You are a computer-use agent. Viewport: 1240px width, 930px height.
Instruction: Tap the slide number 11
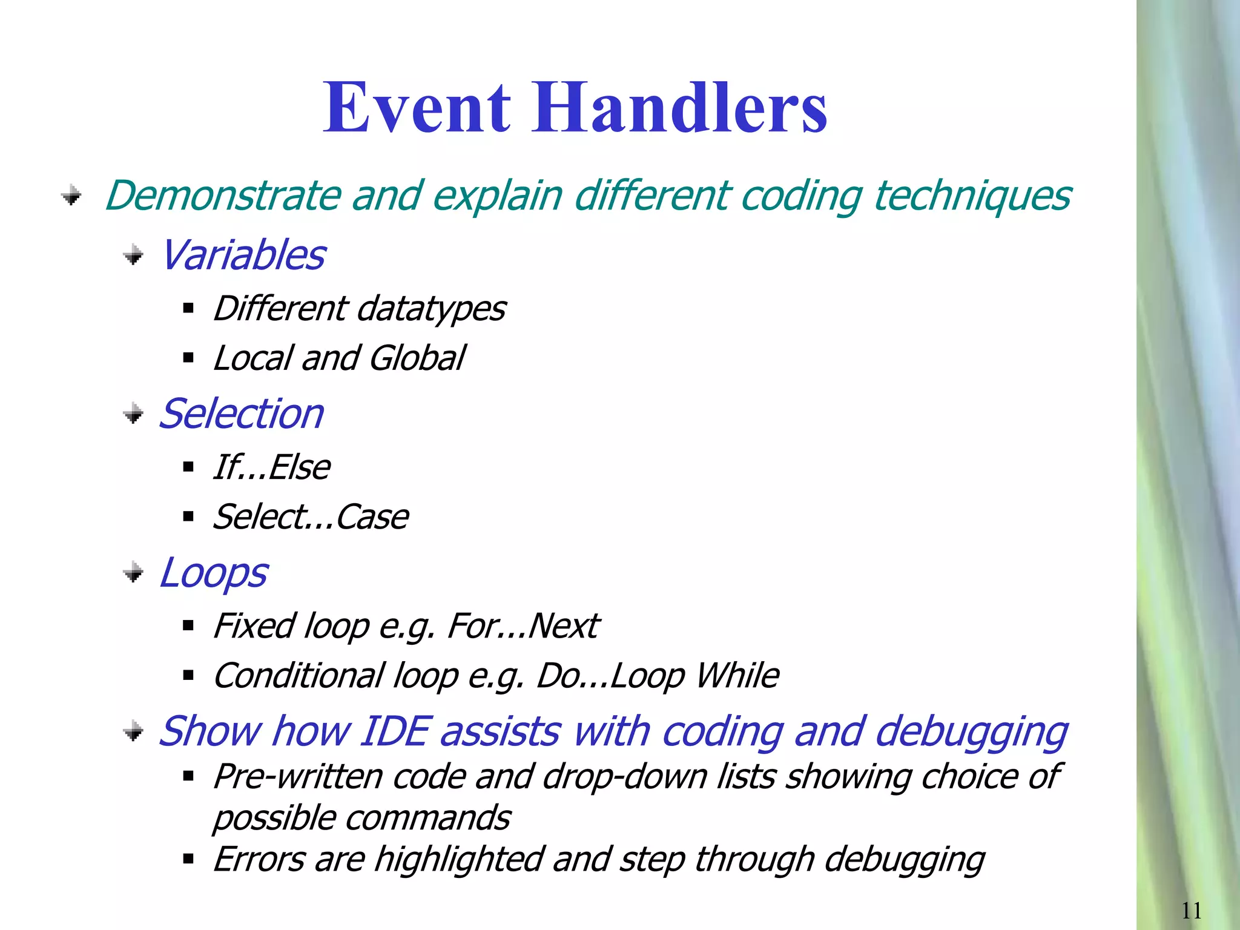click(1191, 910)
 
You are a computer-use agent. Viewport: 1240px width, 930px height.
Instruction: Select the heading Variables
click(242, 255)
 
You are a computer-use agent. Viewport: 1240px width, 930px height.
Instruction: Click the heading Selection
click(241, 414)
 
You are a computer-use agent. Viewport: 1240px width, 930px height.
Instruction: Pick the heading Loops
click(213, 573)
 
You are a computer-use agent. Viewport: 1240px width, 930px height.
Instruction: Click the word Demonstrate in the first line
click(223, 196)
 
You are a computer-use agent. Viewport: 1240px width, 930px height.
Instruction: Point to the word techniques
click(972, 196)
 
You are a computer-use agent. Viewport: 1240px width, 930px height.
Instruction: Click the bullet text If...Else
click(271, 467)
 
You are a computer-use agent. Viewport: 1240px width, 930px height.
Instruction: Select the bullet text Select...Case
click(311, 517)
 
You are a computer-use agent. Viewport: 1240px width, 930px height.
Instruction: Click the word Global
click(417, 358)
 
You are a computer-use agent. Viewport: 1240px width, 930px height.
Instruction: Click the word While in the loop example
click(737, 676)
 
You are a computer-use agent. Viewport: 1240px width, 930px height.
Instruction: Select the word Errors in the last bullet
click(259, 859)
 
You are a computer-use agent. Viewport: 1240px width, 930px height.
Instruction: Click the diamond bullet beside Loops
click(133, 572)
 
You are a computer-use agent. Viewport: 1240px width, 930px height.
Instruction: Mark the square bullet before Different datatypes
click(188, 309)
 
